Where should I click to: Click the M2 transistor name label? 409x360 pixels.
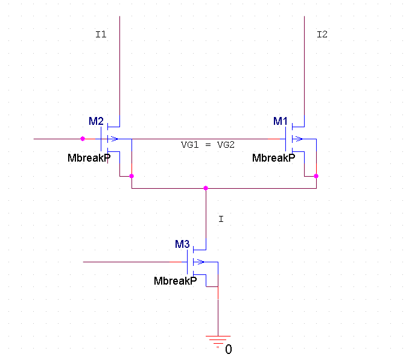96,121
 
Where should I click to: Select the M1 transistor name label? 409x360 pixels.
281,121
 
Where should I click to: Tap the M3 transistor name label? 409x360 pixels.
182,244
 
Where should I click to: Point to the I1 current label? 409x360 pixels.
101,34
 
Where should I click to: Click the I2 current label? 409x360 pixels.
322,34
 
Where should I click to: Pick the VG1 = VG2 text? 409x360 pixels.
208,145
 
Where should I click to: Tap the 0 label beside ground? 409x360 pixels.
228,349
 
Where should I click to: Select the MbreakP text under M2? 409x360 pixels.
89,158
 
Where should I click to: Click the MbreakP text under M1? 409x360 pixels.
273,158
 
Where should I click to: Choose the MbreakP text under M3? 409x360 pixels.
175,281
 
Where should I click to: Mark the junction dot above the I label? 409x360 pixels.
206,188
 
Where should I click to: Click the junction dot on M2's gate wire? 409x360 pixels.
83,139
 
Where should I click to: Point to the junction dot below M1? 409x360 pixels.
315,176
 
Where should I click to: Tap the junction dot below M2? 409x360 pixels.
131,176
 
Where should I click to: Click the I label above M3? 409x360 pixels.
221,219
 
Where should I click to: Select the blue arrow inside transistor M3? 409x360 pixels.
200,262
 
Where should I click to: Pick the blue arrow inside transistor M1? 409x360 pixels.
298,139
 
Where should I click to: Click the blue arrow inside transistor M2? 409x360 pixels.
113,139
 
